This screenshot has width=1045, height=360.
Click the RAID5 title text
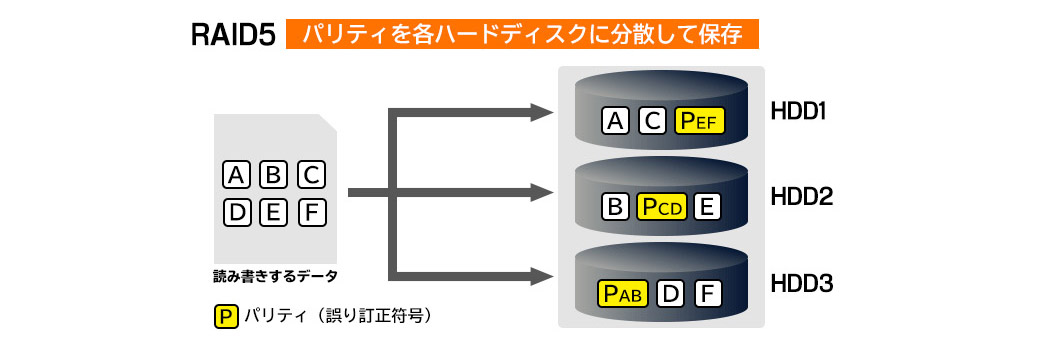(x=233, y=35)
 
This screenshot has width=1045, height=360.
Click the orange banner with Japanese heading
(x=522, y=34)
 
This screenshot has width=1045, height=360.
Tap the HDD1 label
(x=798, y=111)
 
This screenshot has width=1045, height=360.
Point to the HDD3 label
(x=801, y=284)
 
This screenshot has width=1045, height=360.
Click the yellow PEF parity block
(x=699, y=121)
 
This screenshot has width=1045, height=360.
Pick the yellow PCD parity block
(x=661, y=207)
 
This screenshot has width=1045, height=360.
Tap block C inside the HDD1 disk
(x=652, y=121)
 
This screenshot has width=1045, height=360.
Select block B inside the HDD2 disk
(x=615, y=207)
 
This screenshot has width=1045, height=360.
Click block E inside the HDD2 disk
(x=707, y=207)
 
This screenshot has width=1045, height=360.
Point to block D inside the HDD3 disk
(x=671, y=293)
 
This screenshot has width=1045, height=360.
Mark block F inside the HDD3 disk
(x=708, y=293)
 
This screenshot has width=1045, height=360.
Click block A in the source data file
(x=236, y=175)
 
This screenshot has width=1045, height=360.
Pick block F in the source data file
(x=311, y=213)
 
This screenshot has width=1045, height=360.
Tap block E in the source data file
(x=273, y=213)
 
